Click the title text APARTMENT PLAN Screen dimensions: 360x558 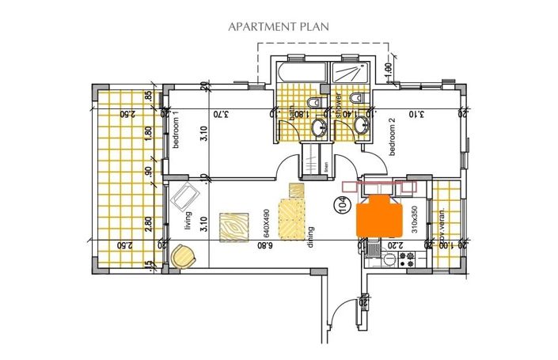coord(279,26)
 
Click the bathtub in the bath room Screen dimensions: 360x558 coord(300,73)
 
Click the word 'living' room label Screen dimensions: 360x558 coord(188,221)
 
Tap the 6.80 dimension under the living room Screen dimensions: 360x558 coord(264,247)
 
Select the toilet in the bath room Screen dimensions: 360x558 coord(313,104)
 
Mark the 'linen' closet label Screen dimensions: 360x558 coord(327,169)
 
